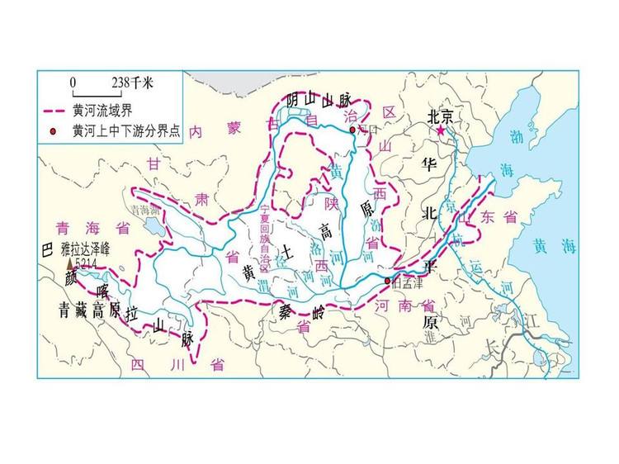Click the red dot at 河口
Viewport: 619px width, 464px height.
352,130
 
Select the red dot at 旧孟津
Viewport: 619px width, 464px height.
387,281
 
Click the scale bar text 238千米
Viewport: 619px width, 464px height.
131,83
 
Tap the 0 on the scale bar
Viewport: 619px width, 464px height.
73,83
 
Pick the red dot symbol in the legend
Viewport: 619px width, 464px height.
54,130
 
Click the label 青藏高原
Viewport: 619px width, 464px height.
90,310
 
